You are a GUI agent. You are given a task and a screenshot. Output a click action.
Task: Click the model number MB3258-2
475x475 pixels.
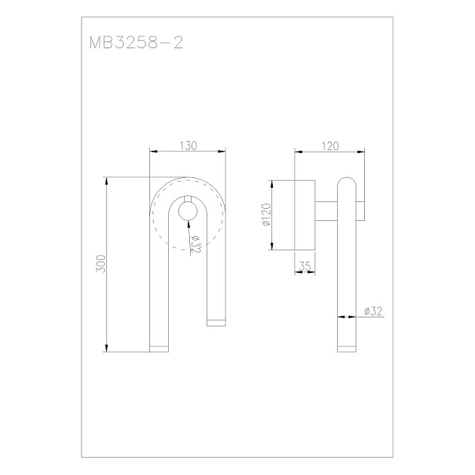tap(136, 43)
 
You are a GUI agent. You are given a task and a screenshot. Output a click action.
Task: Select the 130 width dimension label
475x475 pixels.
tap(188, 146)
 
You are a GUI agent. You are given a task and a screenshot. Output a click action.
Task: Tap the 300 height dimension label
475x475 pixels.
tap(101, 264)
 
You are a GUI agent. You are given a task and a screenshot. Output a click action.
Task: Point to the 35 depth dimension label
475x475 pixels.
tap(305, 266)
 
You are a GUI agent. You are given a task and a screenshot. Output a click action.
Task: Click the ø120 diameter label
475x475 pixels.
tap(266, 214)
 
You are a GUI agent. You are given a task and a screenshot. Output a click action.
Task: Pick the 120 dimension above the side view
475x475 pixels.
tap(330, 146)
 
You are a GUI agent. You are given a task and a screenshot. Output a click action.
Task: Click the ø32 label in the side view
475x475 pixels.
tap(373, 311)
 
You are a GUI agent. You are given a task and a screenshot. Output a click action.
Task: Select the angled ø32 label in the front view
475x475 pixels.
tap(195, 244)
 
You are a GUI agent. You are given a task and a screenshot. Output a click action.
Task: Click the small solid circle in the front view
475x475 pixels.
tap(188, 211)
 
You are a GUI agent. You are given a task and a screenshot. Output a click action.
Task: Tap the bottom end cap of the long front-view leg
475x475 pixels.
tap(159, 349)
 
